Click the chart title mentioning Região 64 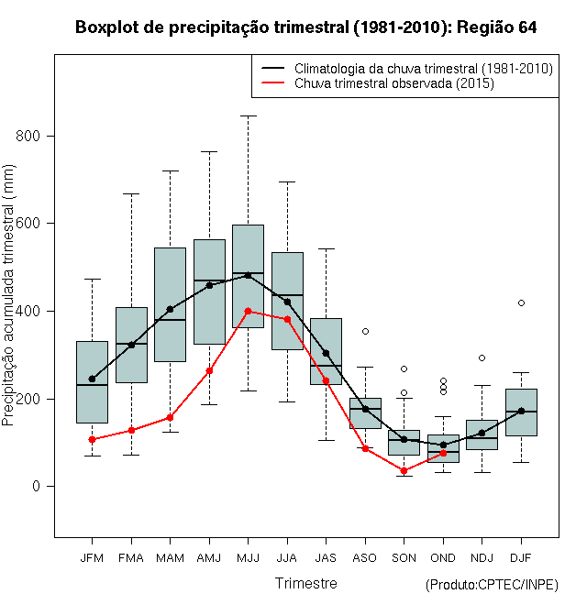point(305,27)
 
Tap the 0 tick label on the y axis point(38,487)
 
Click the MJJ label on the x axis point(248,557)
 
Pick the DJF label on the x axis point(521,557)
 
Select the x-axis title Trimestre point(306,583)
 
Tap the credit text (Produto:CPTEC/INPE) point(492,585)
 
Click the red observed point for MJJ point(248,311)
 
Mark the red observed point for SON point(404,470)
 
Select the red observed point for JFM point(92,439)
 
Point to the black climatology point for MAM point(170,309)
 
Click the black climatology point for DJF point(521,411)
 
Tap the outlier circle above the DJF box point(521,302)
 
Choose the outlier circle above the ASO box point(365,331)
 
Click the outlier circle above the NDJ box point(482,357)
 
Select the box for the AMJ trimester point(209,291)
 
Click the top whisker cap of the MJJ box point(248,115)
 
